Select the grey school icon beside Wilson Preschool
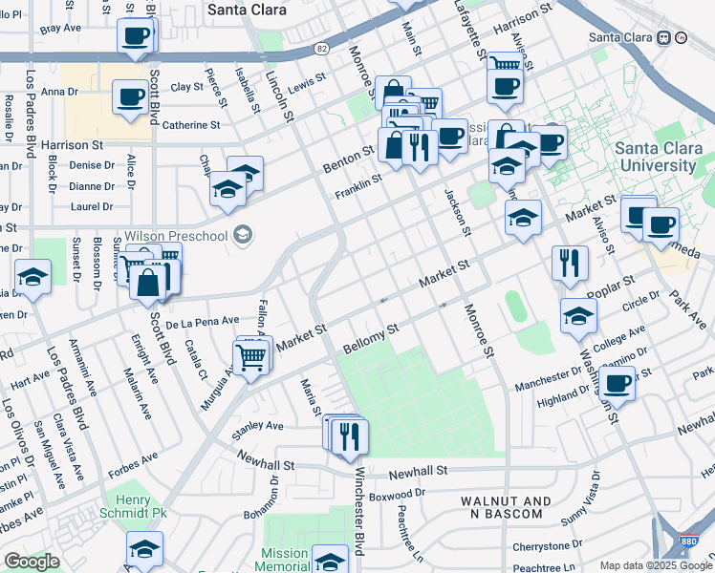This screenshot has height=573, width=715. pos(242,235)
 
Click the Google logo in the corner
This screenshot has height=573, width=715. pos(32,562)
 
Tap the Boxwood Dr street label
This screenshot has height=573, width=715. pos(396,494)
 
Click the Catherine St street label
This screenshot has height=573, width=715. pos(191,125)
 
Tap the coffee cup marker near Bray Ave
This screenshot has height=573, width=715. pos(135,37)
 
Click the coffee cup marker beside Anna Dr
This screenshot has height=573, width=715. pos(129,95)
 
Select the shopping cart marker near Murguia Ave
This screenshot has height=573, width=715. pos(251,356)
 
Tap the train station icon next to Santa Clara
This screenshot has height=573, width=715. pos(662,37)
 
